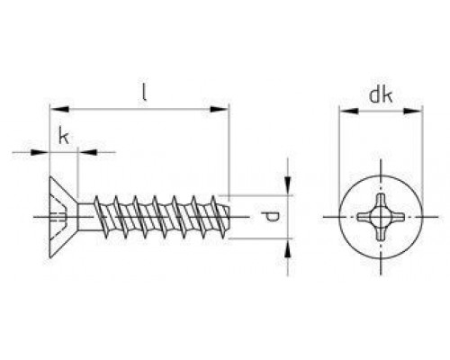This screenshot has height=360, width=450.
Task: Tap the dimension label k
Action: click(x=64, y=136)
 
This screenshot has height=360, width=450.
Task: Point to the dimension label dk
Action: click(x=381, y=95)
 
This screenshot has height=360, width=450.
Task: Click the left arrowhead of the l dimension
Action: click(x=59, y=109)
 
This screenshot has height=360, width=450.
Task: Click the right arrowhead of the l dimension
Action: click(x=220, y=109)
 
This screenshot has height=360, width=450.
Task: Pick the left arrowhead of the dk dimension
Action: click(x=349, y=111)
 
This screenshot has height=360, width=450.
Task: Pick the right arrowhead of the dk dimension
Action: click(x=413, y=111)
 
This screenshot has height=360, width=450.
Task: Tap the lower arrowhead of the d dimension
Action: click(x=288, y=248)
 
